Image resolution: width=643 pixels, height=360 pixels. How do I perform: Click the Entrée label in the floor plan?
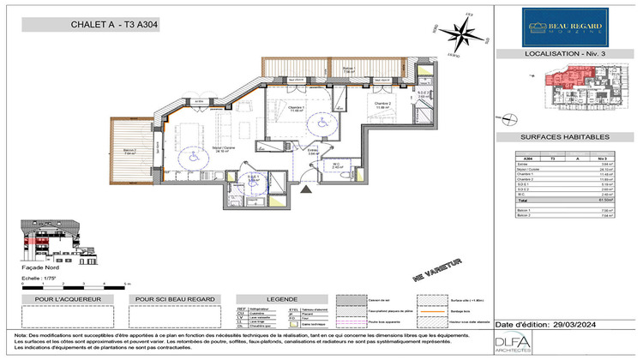(314, 153)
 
